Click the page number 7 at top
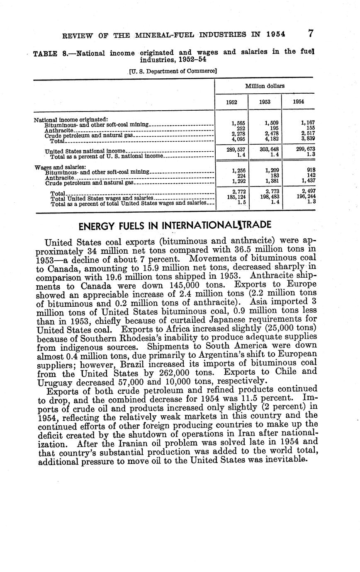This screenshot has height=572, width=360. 311,34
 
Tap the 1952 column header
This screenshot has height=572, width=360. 231,102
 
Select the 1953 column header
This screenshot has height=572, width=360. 265,102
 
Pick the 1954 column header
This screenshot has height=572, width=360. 298,102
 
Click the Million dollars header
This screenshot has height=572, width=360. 265,86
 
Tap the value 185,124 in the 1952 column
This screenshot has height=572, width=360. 231,197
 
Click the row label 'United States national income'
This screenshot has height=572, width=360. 85,151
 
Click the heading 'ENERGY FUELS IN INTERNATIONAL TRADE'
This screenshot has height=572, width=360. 175,225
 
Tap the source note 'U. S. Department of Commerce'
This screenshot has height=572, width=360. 173,71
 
